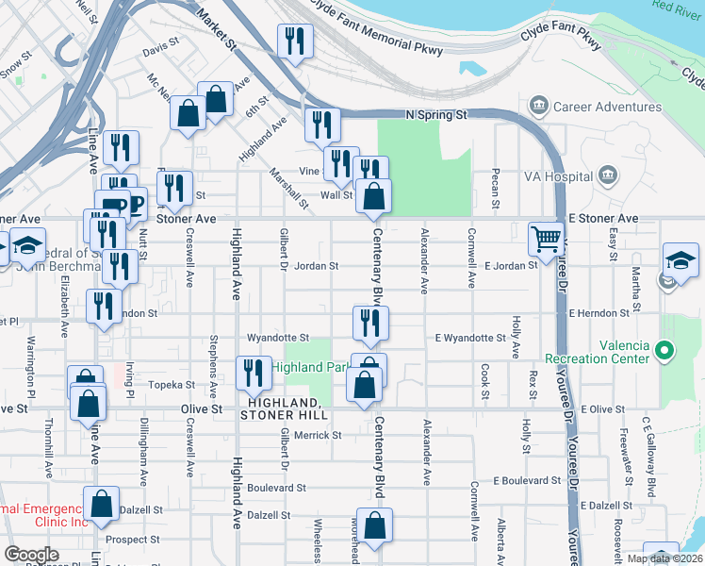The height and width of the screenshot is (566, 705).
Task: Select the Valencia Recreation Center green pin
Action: pyautogui.click(x=664, y=352)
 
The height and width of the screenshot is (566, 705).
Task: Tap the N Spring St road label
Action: pyautogui.click(x=435, y=114)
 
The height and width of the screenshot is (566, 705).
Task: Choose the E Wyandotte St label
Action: pyautogui.click(x=470, y=337)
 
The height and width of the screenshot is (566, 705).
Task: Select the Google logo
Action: pyautogui.click(x=32, y=555)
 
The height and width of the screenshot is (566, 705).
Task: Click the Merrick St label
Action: pyautogui.click(x=317, y=435)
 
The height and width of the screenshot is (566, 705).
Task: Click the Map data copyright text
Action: pyautogui.click(x=664, y=558)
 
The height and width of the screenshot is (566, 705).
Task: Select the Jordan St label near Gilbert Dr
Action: pyautogui.click(x=316, y=266)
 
